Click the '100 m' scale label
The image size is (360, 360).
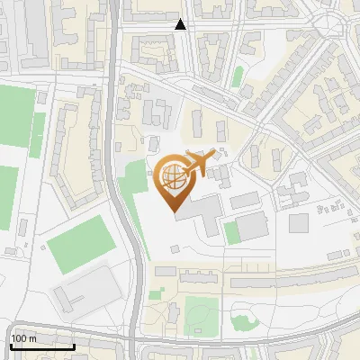tap(23, 338)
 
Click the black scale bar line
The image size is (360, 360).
tap(42, 346)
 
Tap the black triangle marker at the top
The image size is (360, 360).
tap(181, 24)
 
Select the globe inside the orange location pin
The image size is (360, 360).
tap(172, 176)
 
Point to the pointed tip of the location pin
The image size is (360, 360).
tap(173, 211)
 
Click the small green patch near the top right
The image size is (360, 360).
tap(238, 76)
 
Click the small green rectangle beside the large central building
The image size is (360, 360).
tap(231, 233)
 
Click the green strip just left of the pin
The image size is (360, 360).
tap(132, 184)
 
